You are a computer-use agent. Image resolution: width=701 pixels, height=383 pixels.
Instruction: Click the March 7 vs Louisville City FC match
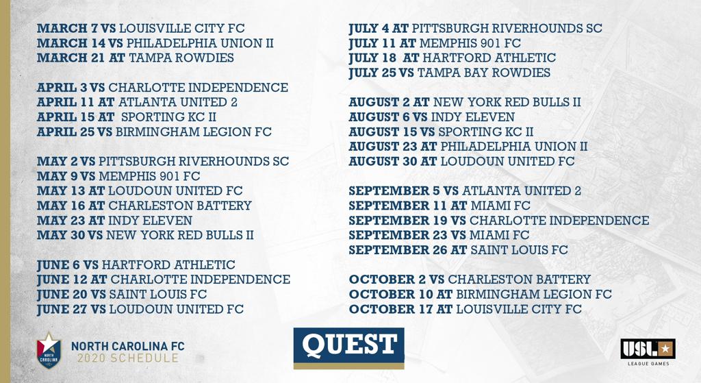[x=141, y=28]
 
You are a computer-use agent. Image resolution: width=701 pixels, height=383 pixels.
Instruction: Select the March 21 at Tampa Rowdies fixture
[x=136, y=58]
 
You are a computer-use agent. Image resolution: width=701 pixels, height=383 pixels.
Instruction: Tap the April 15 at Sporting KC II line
[x=127, y=116]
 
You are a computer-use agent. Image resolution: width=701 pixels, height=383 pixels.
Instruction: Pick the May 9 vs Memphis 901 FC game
[x=118, y=176]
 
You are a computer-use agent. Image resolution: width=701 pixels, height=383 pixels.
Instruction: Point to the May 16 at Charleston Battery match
[x=144, y=206]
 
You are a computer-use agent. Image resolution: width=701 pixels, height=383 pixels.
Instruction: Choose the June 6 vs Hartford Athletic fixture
[x=136, y=265]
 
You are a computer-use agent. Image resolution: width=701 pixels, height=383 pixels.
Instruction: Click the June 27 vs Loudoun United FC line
[x=140, y=309]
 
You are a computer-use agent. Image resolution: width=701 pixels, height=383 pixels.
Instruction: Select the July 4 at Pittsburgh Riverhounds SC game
[x=475, y=28]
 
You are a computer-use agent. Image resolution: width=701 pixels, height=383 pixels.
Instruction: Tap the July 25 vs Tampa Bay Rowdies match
[x=449, y=73]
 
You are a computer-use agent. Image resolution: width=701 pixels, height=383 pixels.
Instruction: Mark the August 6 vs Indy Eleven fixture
[x=431, y=116]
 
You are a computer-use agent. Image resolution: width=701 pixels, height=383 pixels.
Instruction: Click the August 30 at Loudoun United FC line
[x=461, y=161]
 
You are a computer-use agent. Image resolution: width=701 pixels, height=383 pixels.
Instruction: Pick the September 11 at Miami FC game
[x=439, y=206]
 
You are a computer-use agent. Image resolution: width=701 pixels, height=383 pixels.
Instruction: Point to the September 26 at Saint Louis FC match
[x=458, y=249]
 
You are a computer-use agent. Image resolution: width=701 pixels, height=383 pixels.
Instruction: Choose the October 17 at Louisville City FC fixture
[x=466, y=309]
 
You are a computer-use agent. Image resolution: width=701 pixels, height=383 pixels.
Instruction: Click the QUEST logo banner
[x=348, y=348]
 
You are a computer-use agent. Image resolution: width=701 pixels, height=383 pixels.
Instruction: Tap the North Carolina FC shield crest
[x=49, y=351]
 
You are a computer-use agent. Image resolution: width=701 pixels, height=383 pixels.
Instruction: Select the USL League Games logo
[x=648, y=352]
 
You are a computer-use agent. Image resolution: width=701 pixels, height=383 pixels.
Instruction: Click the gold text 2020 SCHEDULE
[x=128, y=358]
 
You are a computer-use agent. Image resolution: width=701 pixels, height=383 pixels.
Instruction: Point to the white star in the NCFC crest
[x=49, y=343]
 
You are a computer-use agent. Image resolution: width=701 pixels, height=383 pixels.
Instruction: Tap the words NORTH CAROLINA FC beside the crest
[x=128, y=346]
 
